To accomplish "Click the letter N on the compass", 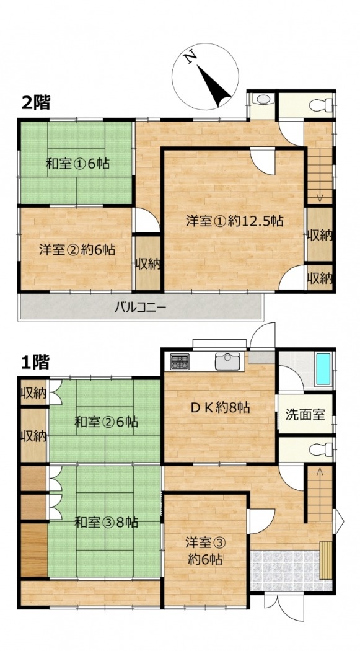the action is pos(190,57).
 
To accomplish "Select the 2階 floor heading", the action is pos(36,102).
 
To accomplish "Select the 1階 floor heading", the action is pos(36,362).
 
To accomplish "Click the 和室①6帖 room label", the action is pos(77,164).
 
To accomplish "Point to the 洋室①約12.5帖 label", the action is pos(234,221).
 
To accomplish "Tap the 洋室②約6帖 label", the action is pos(77,249).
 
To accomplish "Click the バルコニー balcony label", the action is pos(140,308).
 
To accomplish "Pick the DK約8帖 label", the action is pos(220,408).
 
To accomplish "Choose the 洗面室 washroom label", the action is pos(305,415).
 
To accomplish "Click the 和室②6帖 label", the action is pos(106,423).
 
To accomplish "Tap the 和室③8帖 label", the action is pos(106,522).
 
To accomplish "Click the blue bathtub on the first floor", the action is pos(323,369).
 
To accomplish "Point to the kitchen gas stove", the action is pos(180,361).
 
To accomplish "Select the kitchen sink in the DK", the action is pos(227,361).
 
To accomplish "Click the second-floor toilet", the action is pos(321,105).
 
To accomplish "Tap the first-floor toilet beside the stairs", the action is pos(322,449).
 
